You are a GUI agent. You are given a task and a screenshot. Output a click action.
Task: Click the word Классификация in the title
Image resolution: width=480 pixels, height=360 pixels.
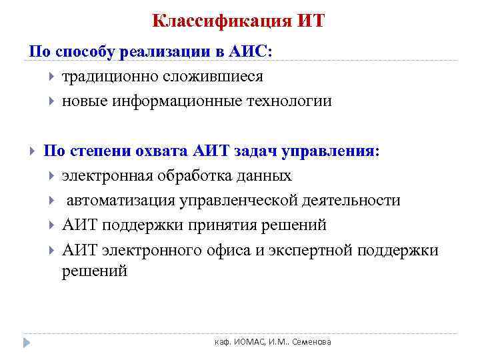[219, 21]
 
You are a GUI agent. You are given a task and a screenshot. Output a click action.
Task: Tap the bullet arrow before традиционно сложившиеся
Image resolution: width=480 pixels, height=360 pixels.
[52, 77]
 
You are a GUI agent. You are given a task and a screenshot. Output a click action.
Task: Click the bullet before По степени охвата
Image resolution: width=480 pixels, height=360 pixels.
[33, 151]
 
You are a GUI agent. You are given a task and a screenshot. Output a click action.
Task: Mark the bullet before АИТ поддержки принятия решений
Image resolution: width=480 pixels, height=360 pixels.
[52, 226]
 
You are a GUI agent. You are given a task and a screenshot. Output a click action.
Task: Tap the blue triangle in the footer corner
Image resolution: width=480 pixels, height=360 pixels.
[27, 342]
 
